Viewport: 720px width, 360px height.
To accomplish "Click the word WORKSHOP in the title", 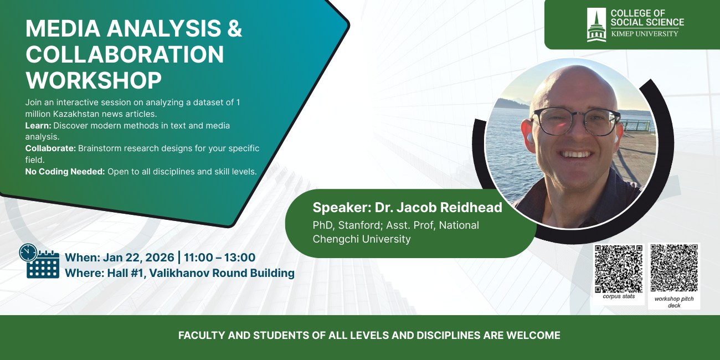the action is (94, 80).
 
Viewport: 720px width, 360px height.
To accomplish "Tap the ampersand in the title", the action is (235, 28).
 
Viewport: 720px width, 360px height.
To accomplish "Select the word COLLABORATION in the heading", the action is (125, 54).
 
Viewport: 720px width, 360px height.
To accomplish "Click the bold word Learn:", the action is (38, 125).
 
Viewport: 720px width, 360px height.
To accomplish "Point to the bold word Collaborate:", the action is (50, 148).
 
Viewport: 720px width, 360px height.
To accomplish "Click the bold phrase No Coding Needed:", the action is (65, 171).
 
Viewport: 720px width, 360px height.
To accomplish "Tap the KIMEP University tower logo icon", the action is (596, 25).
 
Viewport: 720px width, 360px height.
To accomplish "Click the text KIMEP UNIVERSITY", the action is (645, 34).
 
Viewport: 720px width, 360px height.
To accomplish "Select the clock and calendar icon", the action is (39, 261).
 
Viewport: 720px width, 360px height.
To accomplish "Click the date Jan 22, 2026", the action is (138, 258).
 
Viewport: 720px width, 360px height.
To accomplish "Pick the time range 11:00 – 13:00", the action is (219, 258).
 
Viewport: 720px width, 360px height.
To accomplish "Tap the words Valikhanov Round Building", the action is (222, 273).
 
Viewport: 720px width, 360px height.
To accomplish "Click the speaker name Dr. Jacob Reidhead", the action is (439, 207).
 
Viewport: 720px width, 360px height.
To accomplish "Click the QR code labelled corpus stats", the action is (619, 269).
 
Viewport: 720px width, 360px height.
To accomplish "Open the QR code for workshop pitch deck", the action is (674, 268).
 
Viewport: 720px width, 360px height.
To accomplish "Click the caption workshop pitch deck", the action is (674, 302).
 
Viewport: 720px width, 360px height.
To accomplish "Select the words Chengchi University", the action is (362, 239).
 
